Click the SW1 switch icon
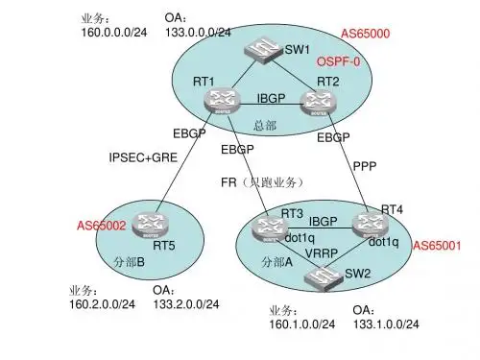pos(264,50)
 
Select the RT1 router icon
pos(222,101)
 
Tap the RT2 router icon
pos(319,103)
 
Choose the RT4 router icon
pos(371,226)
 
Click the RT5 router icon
pos(150,226)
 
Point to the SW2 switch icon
pos(324,277)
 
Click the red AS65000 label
pos(366,34)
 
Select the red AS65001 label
pos(437,246)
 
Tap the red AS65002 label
pos(102,226)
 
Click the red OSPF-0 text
pos(339,61)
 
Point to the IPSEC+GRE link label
pos(143,157)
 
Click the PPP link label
pos(365,166)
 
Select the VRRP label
pos(322,253)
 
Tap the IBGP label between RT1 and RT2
pos(271,98)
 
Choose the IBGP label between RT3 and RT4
pos(323,221)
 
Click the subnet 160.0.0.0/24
pos(114,33)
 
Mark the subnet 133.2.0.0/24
pos(186,304)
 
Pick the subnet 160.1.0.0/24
pos(302,324)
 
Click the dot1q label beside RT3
pos(300,238)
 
